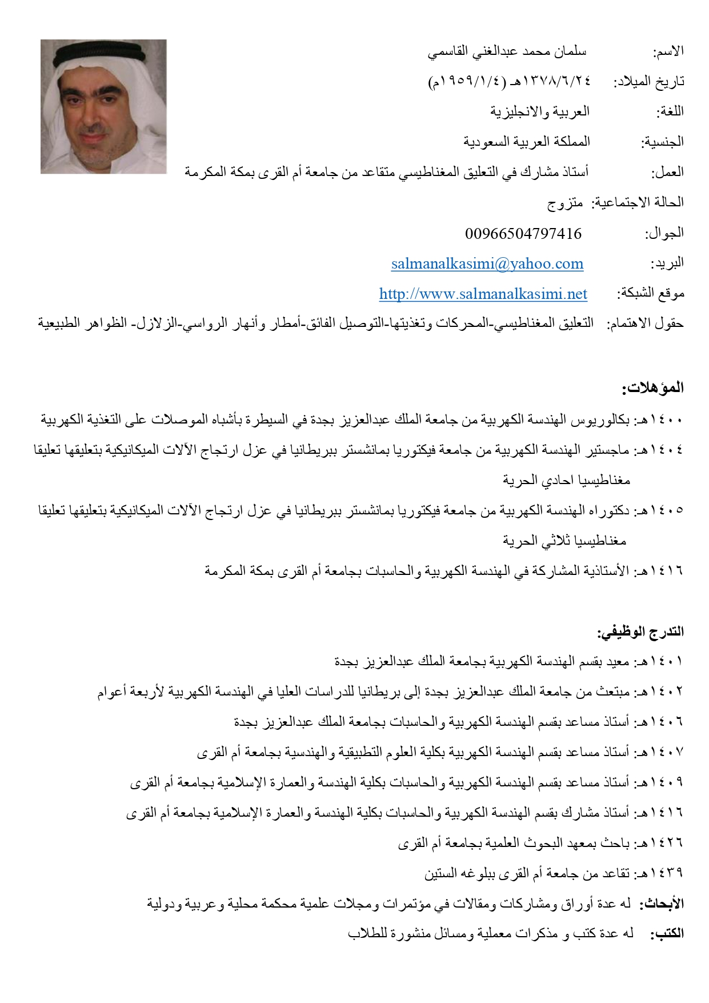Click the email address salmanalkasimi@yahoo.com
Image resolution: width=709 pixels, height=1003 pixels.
(487, 263)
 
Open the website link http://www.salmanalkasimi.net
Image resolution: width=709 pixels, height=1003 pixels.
(483, 294)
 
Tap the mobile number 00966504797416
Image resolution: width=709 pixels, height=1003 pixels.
(523, 233)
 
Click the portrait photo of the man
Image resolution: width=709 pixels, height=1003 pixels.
(103, 106)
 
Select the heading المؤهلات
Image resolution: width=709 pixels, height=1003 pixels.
(653, 388)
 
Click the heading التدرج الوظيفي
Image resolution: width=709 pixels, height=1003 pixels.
(640, 632)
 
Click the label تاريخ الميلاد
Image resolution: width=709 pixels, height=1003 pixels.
(649, 82)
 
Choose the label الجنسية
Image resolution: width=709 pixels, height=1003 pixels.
(662, 142)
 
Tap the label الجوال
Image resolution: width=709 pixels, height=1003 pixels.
(664, 233)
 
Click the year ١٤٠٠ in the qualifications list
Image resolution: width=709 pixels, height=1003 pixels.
(667, 420)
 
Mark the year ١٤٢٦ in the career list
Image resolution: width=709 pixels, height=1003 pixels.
(667, 842)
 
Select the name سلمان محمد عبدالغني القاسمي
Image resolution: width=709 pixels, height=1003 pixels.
(507, 52)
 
